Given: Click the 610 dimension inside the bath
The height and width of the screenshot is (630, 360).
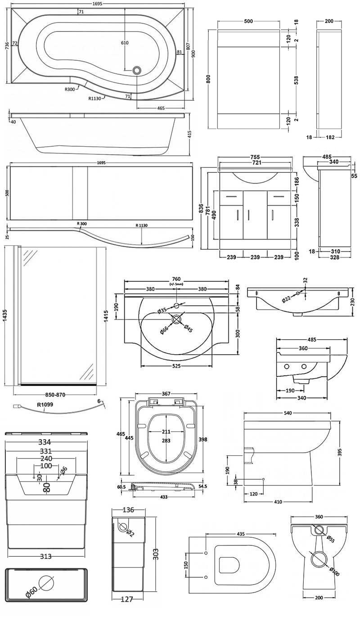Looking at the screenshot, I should tap(125, 43).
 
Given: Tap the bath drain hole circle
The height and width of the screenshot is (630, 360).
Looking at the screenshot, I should tap(137, 70).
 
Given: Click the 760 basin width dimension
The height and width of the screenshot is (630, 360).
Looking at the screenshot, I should tap(176, 277).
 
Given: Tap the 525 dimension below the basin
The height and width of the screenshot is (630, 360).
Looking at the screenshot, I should tap(176, 366).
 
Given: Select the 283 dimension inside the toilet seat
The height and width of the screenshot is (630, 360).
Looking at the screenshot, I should tap(166, 441).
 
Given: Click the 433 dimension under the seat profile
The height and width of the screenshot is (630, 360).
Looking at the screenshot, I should tap(163, 496).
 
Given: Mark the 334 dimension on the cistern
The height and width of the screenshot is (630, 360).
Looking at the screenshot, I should tap(46, 442).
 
